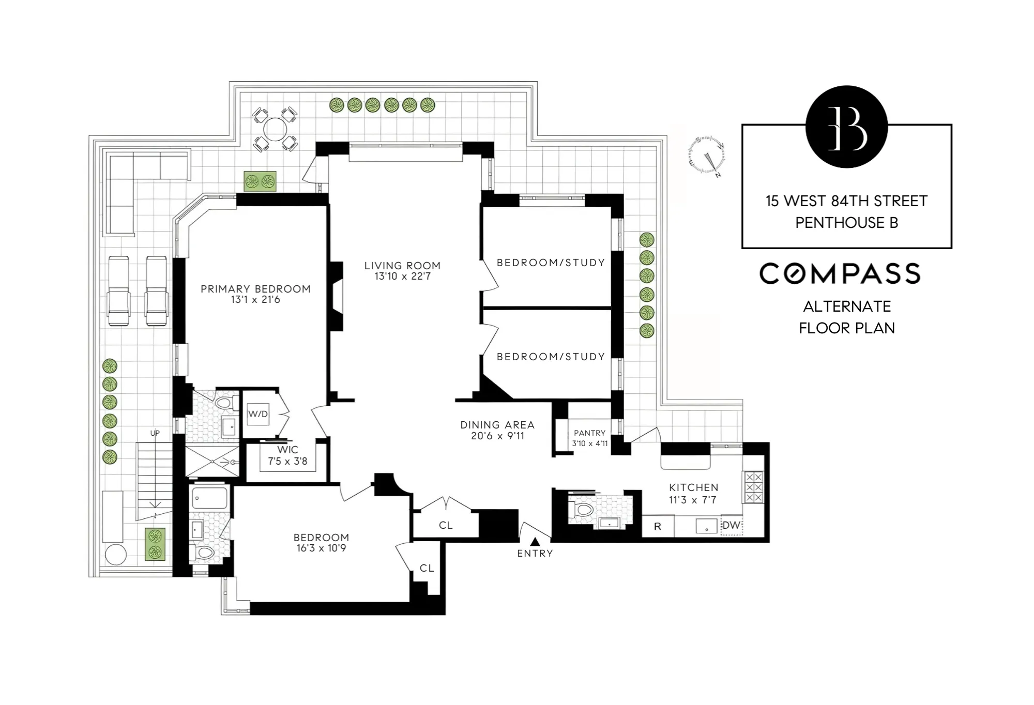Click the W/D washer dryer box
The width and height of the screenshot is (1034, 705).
pos(258,414)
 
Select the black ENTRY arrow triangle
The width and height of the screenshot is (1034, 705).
pos(535,542)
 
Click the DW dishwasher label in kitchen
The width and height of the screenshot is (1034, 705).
pos(731,526)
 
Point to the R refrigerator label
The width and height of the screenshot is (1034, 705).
pos(658,527)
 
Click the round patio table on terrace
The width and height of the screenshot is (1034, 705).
pos(275,129)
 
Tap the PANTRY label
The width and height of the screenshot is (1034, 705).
pos(589,433)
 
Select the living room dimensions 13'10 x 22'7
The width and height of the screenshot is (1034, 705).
pos(402,277)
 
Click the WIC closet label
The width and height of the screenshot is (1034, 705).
pos(287,450)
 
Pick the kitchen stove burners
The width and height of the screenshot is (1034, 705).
pos(753,487)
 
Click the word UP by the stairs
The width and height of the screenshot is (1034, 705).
pos(155,433)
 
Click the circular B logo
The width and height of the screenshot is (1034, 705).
pos(846,127)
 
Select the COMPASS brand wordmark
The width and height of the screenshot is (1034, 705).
pos(840,274)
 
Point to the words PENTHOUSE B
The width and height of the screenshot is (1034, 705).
pos(846,223)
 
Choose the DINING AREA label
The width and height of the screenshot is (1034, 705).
pos(497,425)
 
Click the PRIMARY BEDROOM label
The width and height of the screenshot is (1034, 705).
pos(255,289)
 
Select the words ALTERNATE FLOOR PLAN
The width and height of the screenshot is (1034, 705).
pos(846,317)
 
